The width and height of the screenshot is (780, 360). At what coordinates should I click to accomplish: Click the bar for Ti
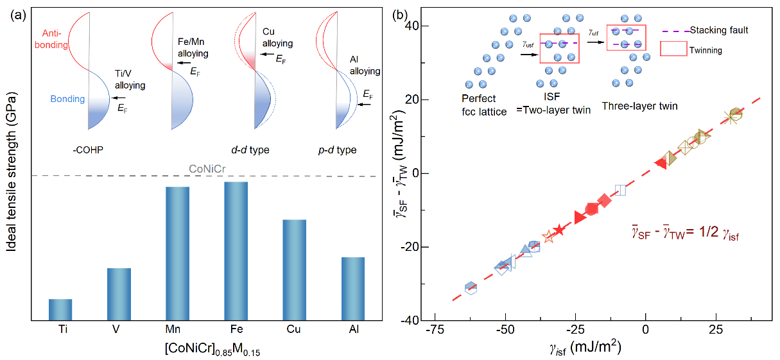coord(60,309)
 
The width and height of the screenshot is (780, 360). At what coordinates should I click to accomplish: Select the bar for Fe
coord(236,250)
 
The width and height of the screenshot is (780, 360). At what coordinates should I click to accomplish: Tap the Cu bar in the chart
coord(294,269)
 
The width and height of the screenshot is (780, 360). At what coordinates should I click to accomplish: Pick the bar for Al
coord(352,287)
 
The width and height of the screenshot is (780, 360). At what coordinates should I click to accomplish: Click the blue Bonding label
coord(67,99)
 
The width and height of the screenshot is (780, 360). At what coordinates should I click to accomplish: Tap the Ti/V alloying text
coord(130,80)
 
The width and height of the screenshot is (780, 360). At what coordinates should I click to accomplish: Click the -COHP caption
coord(87,150)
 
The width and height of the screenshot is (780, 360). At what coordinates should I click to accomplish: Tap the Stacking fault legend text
coord(719,30)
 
